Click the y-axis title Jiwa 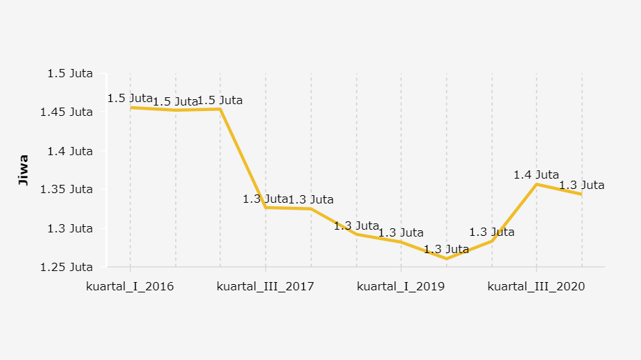pos(23,170)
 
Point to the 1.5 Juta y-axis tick pos(70,73)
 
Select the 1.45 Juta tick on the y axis pos(67,112)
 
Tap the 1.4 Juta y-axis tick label pos(70,150)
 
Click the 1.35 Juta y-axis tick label pos(67,189)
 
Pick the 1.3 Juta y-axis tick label pos(70,228)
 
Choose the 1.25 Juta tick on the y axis pos(67,267)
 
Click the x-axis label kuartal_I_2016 pos(130,286)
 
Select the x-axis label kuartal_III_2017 pos(265,286)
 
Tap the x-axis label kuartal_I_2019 pos(401,286)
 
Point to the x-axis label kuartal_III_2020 pos(536,286)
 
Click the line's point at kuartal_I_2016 pos(130,108)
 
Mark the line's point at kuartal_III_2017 pos(266,208)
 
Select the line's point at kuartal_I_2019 pos(401,242)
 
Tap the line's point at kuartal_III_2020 pos(537,184)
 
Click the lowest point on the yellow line pos(447,259)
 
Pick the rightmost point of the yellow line pos(582,194)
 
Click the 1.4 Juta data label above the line pos(536,175)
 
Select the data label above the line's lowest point pos(446,249)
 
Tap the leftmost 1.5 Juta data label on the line pos(130,99)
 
